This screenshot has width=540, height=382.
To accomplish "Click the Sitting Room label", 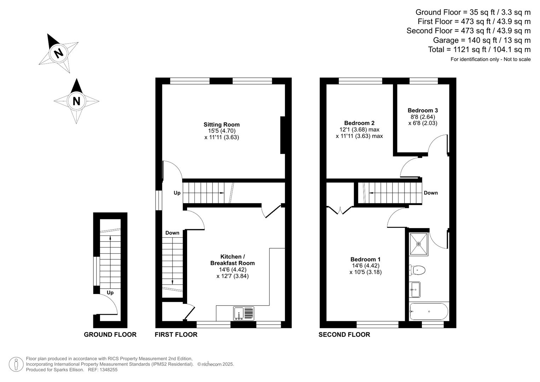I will pyautogui.click(x=221, y=125).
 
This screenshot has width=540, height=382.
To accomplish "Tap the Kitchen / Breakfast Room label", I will pyautogui.click(x=232, y=260).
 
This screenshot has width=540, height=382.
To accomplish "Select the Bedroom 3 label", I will pyautogui.click(x=423, y=110).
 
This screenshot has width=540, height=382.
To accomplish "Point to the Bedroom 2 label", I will pyautogui.click(x=359, y=123).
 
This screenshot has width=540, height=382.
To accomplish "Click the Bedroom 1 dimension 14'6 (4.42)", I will pyautogui.click(x=365, y=266).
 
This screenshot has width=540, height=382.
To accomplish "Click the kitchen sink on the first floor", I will pyautogui.click(x=244, y=313).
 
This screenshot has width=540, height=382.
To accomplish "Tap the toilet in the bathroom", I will pyautogui.click(x=417, y=270).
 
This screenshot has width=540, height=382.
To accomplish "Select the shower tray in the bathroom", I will pyautogui.click(x=418, y=244).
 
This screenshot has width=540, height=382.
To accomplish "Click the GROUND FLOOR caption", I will pyautogui.click(x=110, y=335).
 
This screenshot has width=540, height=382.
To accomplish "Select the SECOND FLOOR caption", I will pyautogui.click(x=344, y=335).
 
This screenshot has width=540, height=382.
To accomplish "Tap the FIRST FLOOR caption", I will pyautogui.click(x=176, y=335).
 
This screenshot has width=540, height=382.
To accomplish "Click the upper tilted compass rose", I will pyautogui.click(x=58, y=53).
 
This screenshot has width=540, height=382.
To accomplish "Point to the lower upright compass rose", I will pyautogui.click(x=76, y=101).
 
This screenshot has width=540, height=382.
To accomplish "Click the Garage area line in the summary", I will pyautogui.click(x=482, y=40).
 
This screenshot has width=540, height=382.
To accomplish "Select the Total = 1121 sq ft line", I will pyautogui.click(x=479, y=50).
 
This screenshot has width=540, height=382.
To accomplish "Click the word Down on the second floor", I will pyautogui.click(x=430, y=193).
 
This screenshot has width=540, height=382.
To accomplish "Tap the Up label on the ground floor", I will pyautogui.click(x=110, y=293).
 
